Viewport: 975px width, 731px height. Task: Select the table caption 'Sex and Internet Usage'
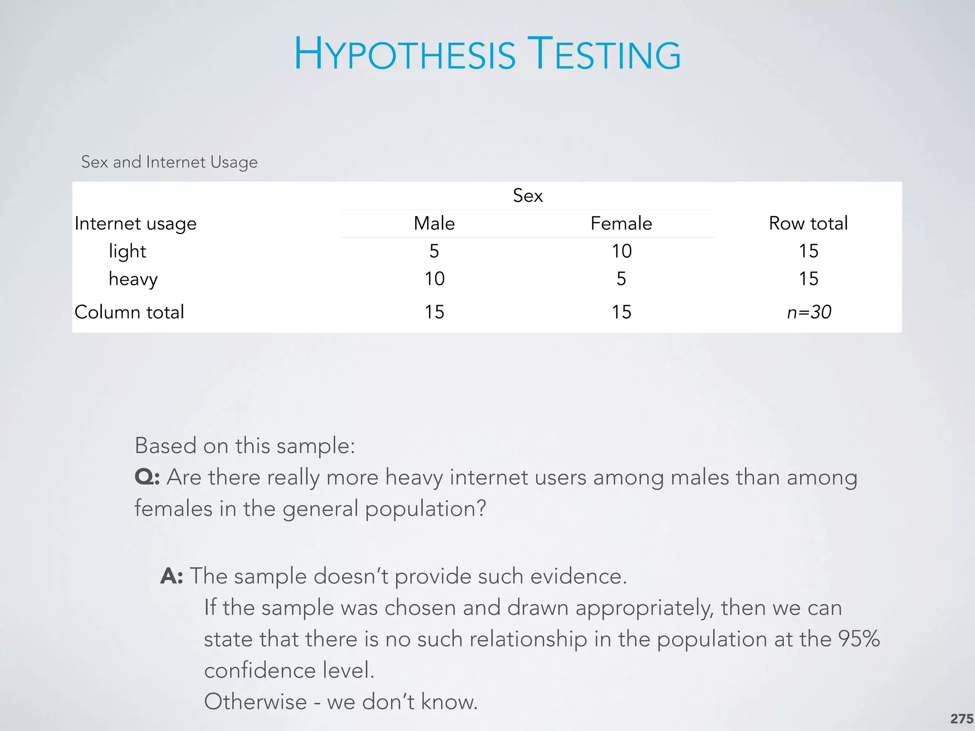click(x=169, y=162)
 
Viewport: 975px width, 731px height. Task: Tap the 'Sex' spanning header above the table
click(x=527, y=196)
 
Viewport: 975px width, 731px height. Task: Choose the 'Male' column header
click(x=434, y=223)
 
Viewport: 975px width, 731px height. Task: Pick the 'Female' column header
click(x=621, y=223)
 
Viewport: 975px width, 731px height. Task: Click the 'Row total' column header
click(x=808, y=223)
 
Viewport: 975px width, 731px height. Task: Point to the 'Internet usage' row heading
click(x=136, y=224)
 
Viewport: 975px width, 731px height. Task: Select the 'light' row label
click(x=127, y=251)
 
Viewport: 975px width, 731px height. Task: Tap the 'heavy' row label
click(x=133, y=279)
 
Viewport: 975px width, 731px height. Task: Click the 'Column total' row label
click(x=129, y=312)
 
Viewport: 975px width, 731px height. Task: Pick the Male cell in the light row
click(x=434, y=251)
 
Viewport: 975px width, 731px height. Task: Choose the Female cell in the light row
click(x=621, y=251)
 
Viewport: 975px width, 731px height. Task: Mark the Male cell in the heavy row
click(x=434, y=279)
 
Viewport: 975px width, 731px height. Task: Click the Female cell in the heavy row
click(x=621, y=279)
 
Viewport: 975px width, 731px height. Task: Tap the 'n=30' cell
click(x=809, y=312)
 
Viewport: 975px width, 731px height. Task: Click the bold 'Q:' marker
click(x=147, y=477)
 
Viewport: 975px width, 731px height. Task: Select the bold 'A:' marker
click(x=172, y=576)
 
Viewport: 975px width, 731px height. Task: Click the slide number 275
click(x=961, y=719)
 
